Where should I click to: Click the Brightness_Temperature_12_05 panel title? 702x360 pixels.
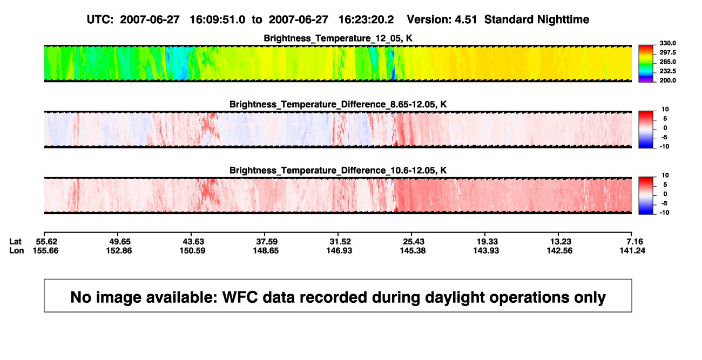(337, 38)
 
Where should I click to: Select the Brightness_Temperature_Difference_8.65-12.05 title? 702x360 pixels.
(337, 104)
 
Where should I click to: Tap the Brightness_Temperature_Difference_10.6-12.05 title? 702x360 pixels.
(337, 171)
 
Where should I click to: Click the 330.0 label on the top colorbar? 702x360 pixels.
(667, 43)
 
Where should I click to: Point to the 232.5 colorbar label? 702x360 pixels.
(667, 71)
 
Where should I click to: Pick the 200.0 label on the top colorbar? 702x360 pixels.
(667, 80)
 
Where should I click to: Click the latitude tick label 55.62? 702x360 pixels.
(46, 242)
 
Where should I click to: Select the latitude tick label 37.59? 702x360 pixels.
(267, 242)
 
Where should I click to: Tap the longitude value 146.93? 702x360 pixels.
(339, 250)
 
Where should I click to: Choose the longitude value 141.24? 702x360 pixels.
(632, 250)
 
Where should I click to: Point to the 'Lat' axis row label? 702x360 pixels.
(15, 242)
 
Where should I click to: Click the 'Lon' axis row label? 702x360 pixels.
(16, 250)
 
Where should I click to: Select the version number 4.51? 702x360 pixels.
(465, 20)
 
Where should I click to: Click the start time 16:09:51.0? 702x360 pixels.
(218, 20)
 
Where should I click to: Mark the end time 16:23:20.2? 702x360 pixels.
(366, 20)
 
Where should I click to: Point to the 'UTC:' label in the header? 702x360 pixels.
(100, 20)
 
